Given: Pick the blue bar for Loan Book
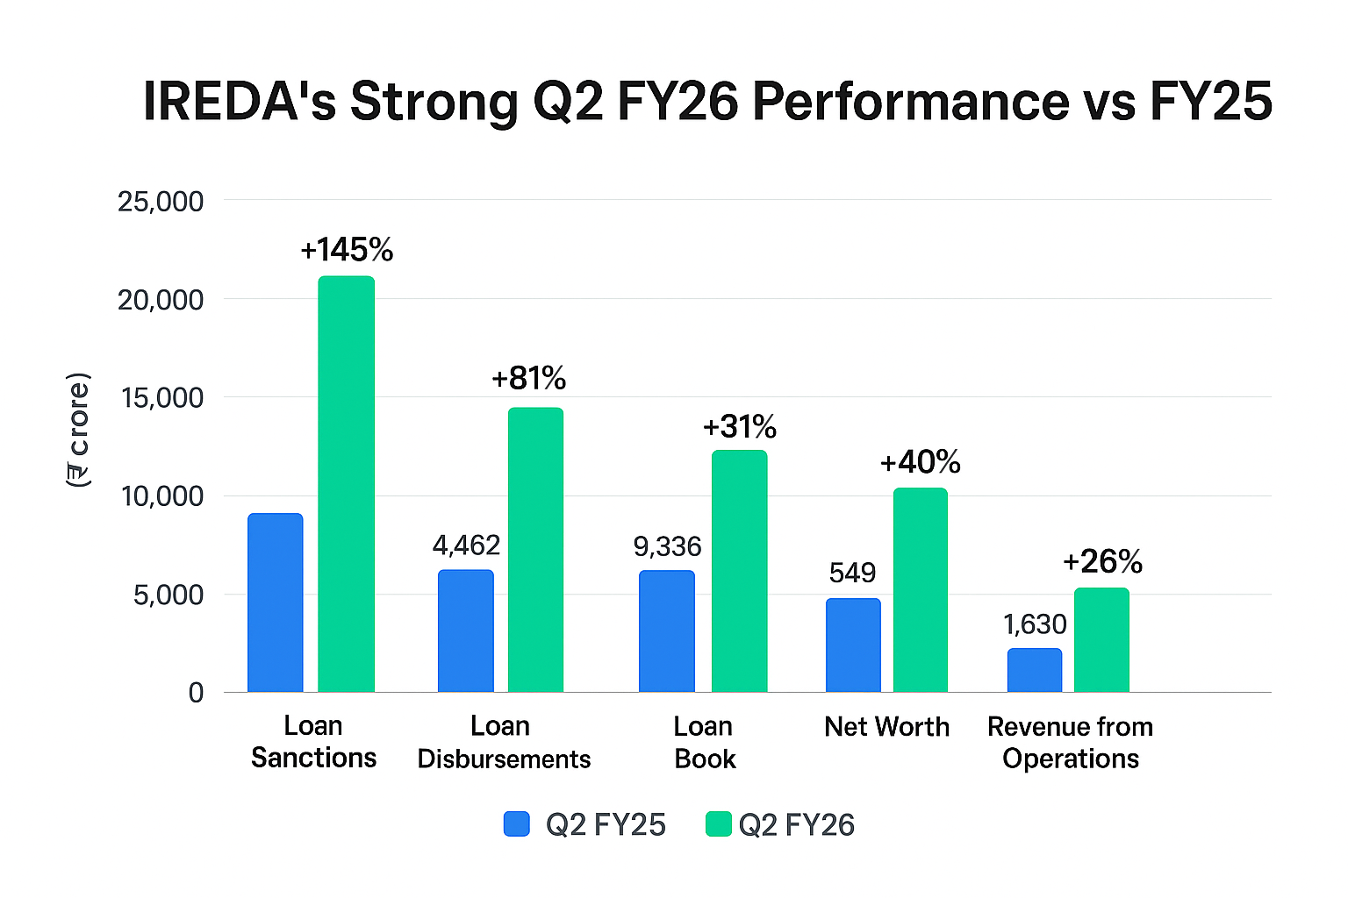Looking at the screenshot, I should pos(667,631).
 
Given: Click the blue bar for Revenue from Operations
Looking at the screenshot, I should pos(1034,670).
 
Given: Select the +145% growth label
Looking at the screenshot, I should pos(347,250).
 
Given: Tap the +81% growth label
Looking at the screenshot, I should pos(528,378).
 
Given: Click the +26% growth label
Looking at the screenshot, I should pos(1102,561).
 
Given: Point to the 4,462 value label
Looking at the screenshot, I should pos(466,545).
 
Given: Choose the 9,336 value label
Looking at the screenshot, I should pos(667,547).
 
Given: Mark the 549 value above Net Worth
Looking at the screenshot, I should pos(852,573).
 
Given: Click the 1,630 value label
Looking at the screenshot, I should pos(1035,624).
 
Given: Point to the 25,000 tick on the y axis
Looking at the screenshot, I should pos(160,202).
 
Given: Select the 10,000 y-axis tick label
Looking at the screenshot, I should pos(161,496).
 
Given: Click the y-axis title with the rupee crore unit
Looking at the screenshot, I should pos(78,430).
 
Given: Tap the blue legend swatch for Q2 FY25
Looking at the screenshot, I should pos(517,824).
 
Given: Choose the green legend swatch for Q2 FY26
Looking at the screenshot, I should pos(719,824).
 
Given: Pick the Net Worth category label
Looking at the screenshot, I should pos(886,727).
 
